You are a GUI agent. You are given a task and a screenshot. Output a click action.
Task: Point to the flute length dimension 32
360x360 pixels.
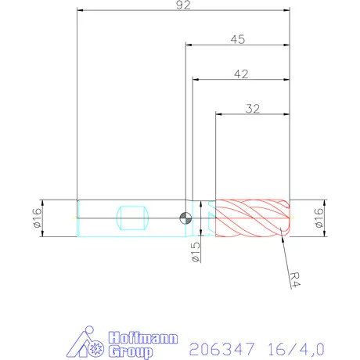(252, 108)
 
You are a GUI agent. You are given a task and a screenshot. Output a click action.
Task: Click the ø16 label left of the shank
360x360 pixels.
(37, 218)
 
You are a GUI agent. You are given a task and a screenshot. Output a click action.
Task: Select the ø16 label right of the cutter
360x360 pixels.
(319, 218)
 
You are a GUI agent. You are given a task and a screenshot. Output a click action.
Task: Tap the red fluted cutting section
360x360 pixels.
(252, 217)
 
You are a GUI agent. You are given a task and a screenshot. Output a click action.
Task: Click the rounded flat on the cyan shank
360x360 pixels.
(131, 217)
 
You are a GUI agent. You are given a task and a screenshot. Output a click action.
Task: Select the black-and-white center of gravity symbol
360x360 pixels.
(185, 218)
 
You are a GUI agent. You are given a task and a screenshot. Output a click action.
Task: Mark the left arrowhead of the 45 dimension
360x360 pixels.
(188, 45)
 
